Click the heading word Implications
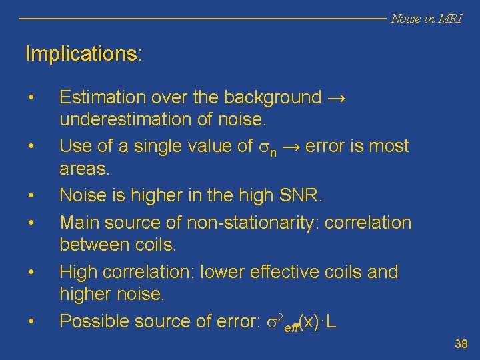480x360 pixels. [x=83, y=54]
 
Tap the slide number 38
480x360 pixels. [x=461, y=345]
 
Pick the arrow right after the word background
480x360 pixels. [x=337, y=97]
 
